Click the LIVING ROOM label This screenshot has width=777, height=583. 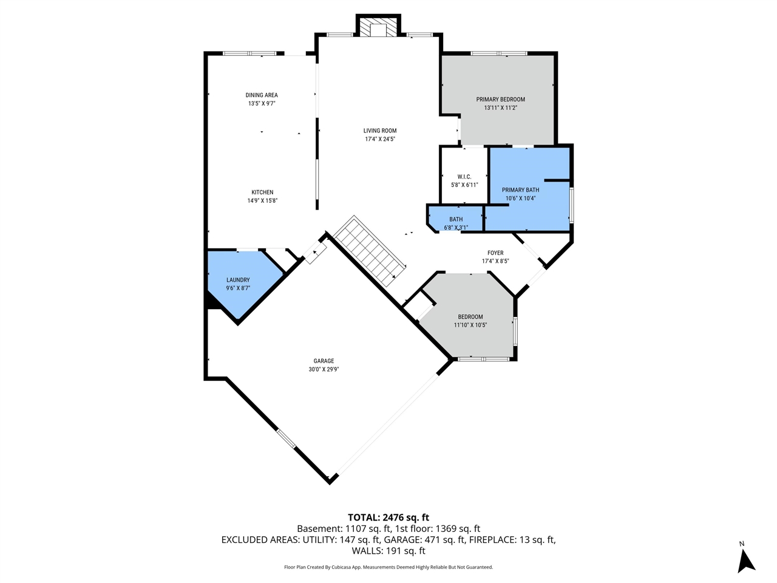tap(380, 131)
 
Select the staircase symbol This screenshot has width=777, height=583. tap(369, 251)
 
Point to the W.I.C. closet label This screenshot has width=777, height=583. tap(464, 177)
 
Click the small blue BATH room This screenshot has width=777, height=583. tap(456, 220)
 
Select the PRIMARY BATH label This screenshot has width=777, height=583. tap(520, 190)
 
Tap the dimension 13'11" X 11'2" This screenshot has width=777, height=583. tap(500, 107)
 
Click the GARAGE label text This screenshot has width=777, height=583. tap(324, 361)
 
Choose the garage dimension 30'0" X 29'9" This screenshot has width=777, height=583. tap(324, 369)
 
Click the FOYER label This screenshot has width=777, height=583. tap(495, 253)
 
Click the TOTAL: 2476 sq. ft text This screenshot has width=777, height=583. tap(388, 517)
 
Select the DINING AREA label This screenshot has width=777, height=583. tap(262, 95)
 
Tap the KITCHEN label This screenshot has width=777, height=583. tap(262, 193)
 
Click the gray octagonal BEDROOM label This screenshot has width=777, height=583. tap(470, 317)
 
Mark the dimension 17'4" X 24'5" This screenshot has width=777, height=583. tap(380, 139)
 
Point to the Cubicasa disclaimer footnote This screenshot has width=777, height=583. tap(388, 567)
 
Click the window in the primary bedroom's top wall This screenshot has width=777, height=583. tap(499, 53)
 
